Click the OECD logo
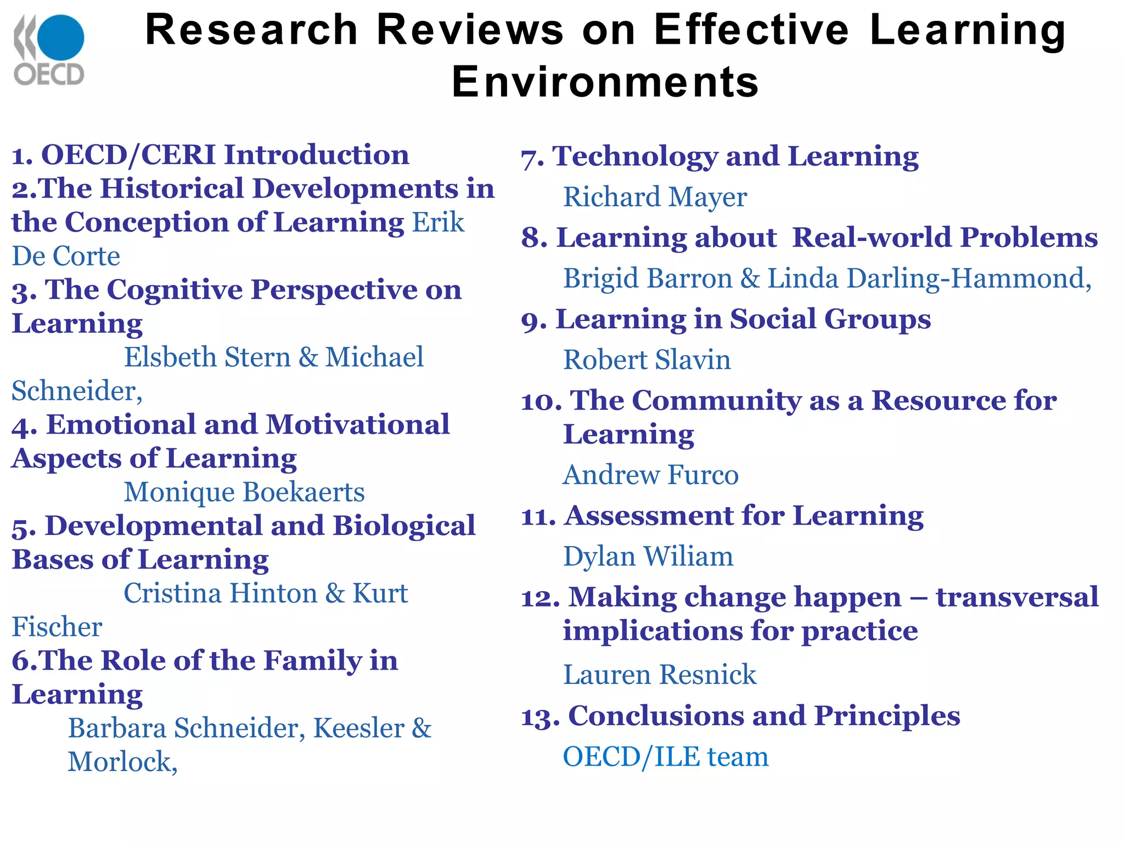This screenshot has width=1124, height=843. [x=49, y=50]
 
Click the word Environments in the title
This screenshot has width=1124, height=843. [x=605, y=82]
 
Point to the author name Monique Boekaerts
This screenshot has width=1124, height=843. [x=244, y=492]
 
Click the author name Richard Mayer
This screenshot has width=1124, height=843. [x=655, y=197]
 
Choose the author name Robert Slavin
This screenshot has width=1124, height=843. [x=647, y=360]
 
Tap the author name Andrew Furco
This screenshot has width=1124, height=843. [x=651, y=475]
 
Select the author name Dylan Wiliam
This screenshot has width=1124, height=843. [x=648, y=557]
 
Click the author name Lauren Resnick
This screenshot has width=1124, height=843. [x=660, y=675]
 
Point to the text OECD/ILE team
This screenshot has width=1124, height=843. [x=665, y=757]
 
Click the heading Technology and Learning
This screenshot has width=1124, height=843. [x=735, y=156]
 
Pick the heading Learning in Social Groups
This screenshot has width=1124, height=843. [x=743, y=319]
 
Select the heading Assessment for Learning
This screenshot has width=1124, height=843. [x=744, y=516]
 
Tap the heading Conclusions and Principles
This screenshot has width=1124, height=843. [x=764, y=716]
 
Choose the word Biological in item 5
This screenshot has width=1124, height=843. [x=404, y=526]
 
